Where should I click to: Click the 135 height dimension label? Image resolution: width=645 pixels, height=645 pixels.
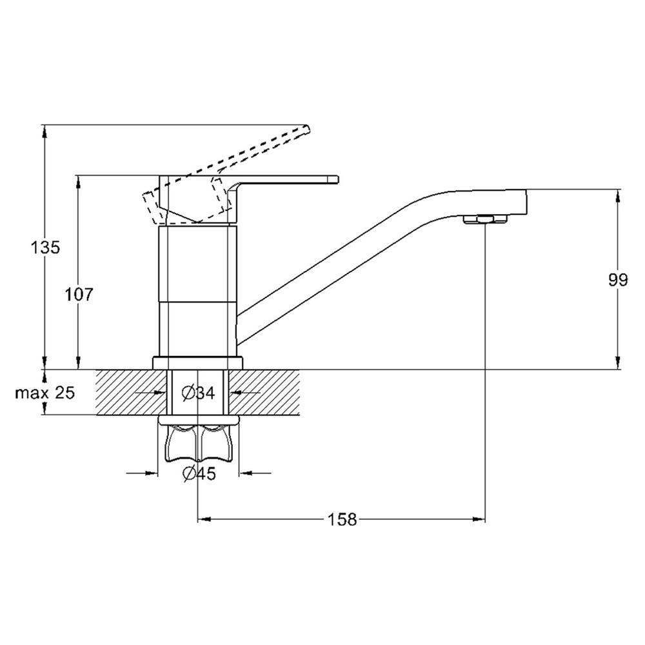[x=45, y=248]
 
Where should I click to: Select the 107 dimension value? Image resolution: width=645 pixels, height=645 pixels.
[x=79, y=294]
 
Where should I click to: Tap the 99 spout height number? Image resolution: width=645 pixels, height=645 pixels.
[x=619, y=280]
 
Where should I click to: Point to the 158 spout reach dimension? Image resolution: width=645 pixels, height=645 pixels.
[x=341, y=519]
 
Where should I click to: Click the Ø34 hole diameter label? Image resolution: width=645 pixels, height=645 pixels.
[x=198, y=393]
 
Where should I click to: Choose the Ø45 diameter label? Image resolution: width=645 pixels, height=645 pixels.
[x=199, y=474]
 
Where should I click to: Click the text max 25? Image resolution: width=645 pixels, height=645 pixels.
[x=45, y=393]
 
